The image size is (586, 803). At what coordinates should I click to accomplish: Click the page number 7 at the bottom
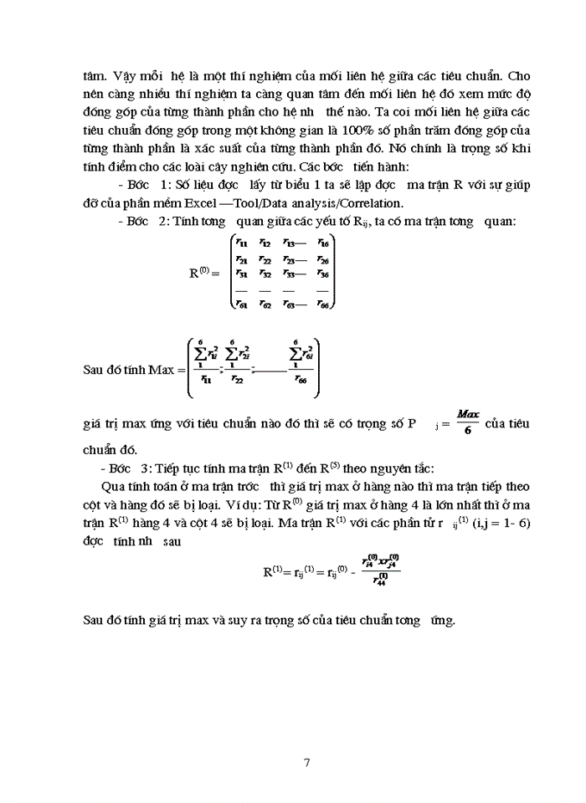pos(307,763)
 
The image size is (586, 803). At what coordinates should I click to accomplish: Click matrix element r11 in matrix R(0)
pos(240,243)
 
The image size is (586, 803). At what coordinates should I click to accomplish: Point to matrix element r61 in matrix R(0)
pos(240,304)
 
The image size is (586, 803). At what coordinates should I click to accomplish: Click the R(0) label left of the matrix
pos(203,274)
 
